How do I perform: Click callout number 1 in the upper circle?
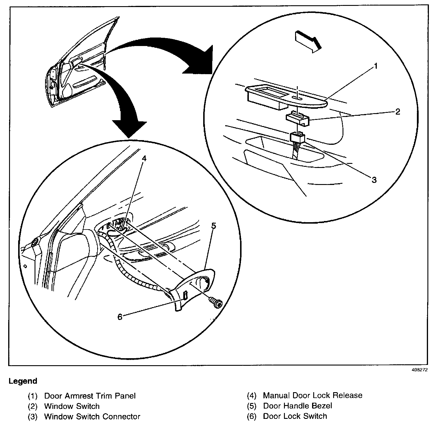pyautogui.click(x=376, y=66)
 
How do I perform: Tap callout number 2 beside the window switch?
pyautogui.click(x=398, y=112)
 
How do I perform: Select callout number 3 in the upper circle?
pyautogui.click(x=374, y=180)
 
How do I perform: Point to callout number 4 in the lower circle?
pyautogui.click(x=144, y=158)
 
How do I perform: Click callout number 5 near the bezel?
pyautogui.click(x=214, y=226)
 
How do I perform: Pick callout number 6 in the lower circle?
pyautogui.click(x=120, y=317)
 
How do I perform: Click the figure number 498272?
pyautogui.click(x=420, y=370)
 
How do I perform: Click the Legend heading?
pyautogui.click(x=23, y=381)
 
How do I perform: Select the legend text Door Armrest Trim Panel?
pyautogui.click(x=90, y=396)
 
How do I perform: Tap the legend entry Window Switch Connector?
pyautogui.click(x=92, y=416)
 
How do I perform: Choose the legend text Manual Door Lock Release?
pyautogui.click(x=313, y=395)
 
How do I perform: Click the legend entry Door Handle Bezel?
pyautogui.click(x=297, y=406)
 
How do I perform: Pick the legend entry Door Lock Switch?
pyautogui.click(x=295, y=416)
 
